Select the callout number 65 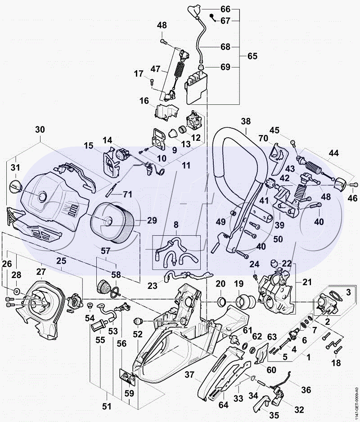252,56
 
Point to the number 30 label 40,130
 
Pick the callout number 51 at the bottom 106,406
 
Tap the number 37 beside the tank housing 189,374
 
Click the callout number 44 333,153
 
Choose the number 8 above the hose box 176,224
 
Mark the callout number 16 144,101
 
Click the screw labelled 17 152,82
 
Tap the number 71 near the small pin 128,194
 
